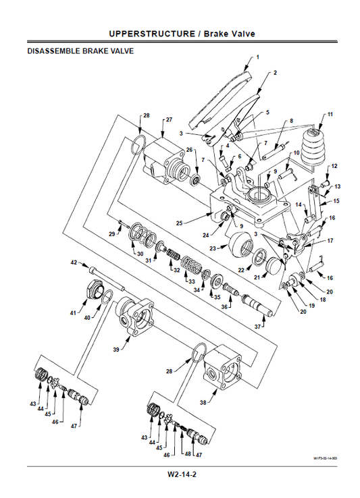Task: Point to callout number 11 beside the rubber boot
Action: click(330, 115)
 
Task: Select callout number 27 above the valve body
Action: click(170, 119)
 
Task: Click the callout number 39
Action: click(115, 349)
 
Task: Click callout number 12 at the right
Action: click(334, 165)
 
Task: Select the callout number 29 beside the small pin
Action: click(112, 233)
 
